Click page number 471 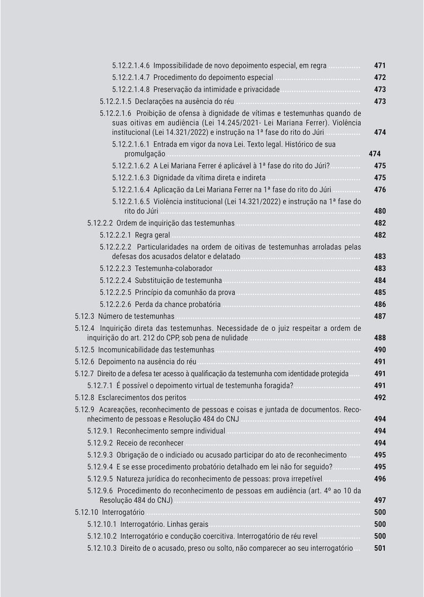[x=379, y=66]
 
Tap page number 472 [x=379, y=77]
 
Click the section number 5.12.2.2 [x=100, y=223]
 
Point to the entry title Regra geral [x=153, y=235]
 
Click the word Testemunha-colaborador [x=173, y=268]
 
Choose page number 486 [x=379, y=304]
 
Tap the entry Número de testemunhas [x=136, y=316]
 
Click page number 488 [x=379, y=338]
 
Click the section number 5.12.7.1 [x=102, y=385]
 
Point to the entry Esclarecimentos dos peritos [x=143, y=397]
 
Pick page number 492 [x=379, y=397]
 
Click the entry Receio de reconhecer [x=150, y=442]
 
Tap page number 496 [x=379, y=478]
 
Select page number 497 [x=379, y=500]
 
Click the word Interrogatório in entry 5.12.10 [x=123, y=512]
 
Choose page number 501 [x=379, y=548]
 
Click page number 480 [x=379, y=211]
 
